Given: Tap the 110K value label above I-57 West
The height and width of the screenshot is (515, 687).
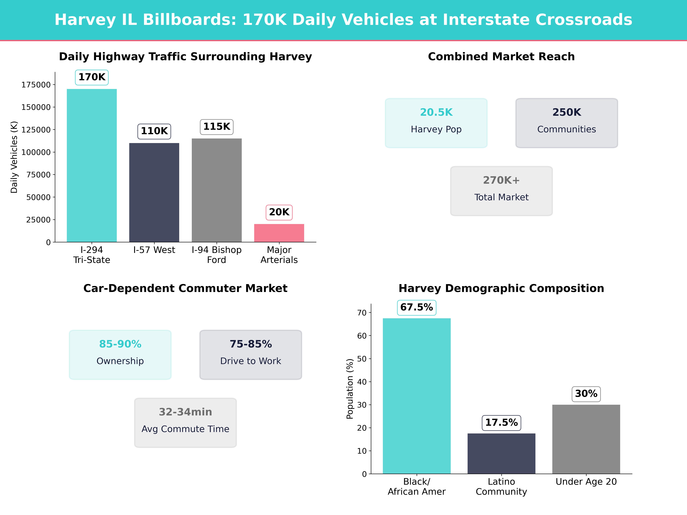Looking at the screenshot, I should pos(154,131).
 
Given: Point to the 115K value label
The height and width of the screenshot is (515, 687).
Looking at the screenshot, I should pos(216,127).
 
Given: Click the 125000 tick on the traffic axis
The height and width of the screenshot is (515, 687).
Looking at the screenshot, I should pos(36,130).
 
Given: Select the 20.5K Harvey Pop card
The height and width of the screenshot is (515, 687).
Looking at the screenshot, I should pos(436,123).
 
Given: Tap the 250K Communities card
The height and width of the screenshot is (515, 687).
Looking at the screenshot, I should pos(566,123).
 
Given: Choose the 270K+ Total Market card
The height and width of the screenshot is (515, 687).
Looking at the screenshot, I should pos(501,191).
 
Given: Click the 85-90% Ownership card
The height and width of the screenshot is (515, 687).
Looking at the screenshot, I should pos(120,354).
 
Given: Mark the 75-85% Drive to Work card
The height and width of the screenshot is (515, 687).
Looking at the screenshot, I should pos(251,354).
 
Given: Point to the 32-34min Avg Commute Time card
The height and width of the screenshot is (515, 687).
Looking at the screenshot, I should pos(185,422).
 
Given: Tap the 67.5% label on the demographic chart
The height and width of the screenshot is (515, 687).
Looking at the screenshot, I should pos(416,307).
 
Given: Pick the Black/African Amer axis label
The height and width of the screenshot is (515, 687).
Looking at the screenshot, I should pos(416,486).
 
